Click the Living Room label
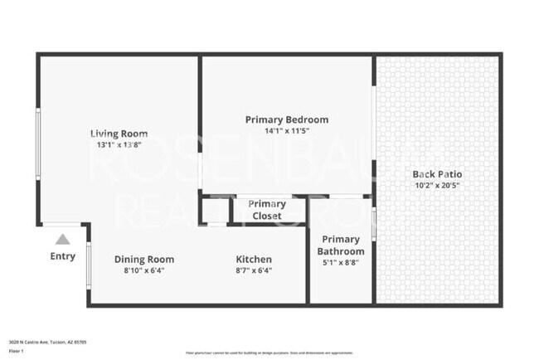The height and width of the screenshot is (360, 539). (x=119, y=134)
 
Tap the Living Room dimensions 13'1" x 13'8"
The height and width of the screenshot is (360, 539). (x=119, y=145)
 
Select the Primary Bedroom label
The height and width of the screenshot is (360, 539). (x=286, y=119)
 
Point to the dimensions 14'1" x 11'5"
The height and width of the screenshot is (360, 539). (x=286, y=131)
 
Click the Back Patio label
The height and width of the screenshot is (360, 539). (x=437, y=174)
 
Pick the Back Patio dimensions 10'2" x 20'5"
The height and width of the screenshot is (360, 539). (x=437, y=186)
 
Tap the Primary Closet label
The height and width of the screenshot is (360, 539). (x=267, y=210)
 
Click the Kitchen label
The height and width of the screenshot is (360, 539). (x=254, y=259)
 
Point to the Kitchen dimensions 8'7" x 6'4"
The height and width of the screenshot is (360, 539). (x=254, y=270)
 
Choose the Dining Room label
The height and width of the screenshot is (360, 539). (x=143, y=259)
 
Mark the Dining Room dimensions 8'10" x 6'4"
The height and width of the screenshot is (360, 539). (x=143, y=270)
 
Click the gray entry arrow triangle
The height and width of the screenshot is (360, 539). (x=62, y=239)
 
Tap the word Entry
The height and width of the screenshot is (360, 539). (x=62, y=256)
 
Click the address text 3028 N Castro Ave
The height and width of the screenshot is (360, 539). (x=47, y=341)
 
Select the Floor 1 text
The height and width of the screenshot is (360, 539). (x=17, y=351)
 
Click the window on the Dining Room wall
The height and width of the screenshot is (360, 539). (x=89, y=265)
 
